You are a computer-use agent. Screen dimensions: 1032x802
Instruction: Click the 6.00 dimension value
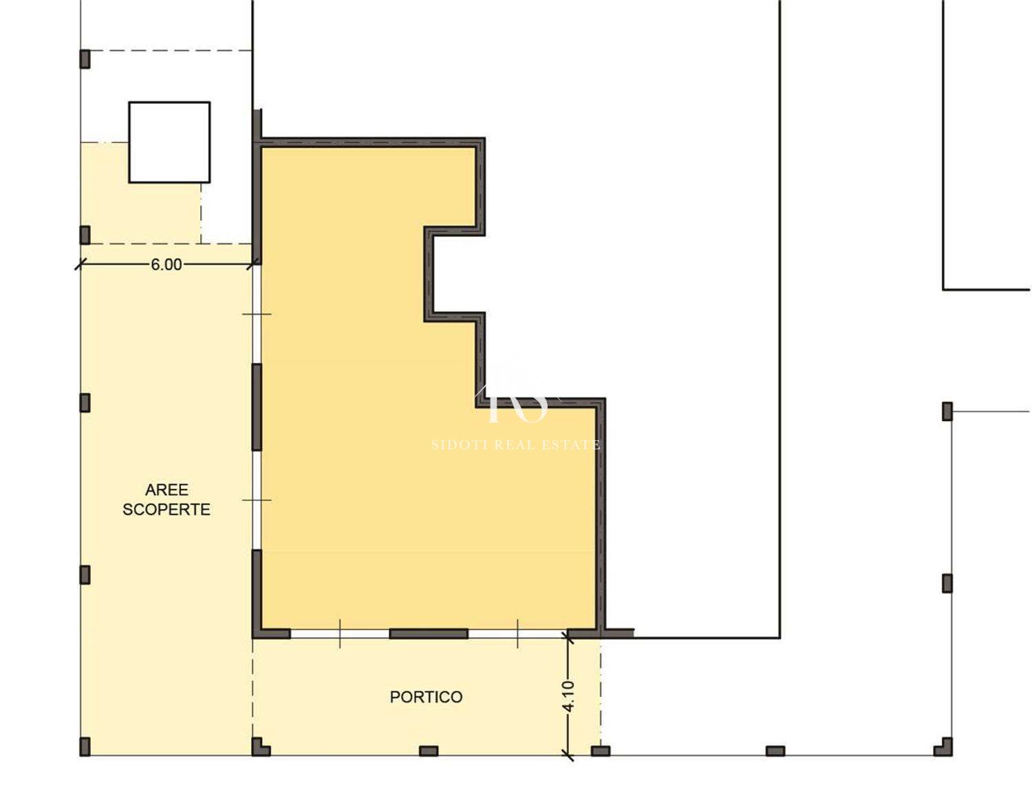166,265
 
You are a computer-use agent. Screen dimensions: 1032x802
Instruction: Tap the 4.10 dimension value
568,696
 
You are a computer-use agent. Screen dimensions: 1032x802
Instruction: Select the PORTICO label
426,697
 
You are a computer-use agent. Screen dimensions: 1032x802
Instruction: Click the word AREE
166,489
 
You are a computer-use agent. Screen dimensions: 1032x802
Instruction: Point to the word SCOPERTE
166,509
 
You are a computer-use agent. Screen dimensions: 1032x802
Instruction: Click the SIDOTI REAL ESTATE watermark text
516,444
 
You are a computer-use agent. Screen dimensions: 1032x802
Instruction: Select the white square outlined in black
169,142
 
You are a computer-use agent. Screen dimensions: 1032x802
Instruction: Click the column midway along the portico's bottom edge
429,750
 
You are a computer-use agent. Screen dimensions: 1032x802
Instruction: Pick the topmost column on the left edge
85,59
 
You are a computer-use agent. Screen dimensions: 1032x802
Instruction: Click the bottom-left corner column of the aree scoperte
85,746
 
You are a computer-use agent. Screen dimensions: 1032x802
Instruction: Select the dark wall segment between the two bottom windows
429,633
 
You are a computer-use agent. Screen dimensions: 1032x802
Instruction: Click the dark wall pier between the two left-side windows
257,407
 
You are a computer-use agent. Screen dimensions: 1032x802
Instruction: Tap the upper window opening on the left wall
257,314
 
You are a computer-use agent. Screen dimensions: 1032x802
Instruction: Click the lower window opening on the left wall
257,500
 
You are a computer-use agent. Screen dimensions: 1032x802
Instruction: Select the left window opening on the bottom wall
340,633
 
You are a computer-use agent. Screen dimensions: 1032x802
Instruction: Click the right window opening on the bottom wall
517,633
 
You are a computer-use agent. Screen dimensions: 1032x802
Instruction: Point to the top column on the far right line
947,411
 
